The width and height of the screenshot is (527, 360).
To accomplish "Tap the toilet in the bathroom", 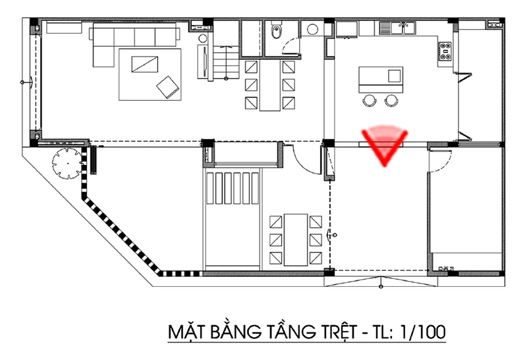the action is (x=276, y=31).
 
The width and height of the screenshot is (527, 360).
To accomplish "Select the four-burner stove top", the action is (x=446, y=51).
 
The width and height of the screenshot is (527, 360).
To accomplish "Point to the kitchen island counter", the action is (x=381, y=79).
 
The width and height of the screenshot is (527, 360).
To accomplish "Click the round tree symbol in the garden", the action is (x=67, y=164).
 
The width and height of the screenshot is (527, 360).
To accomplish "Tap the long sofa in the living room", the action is (x=134, y=40).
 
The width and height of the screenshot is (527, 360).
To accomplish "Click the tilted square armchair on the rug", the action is (x=168, y=87).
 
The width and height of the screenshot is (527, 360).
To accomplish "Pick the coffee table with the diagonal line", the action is (x=144, y=64).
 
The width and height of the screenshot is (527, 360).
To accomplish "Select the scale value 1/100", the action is (x=422, y=332).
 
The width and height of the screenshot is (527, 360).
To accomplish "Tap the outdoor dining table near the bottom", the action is (x=296, y=239).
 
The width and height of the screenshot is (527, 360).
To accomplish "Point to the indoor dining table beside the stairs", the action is (x=270, y=86).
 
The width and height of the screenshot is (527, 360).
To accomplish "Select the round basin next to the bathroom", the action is (x=312, y=29).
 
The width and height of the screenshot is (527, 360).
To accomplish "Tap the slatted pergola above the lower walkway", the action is (x=233, y=188).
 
